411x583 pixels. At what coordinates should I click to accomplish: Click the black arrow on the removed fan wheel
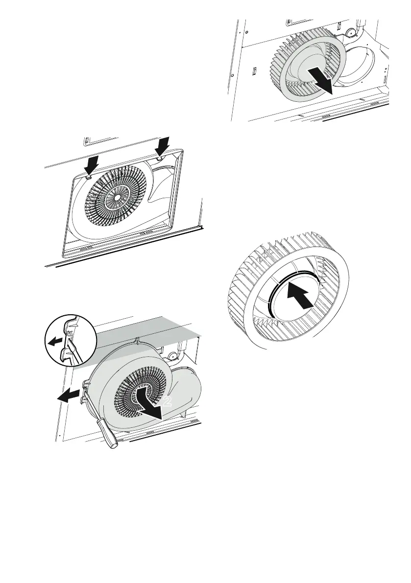(321, 80)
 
